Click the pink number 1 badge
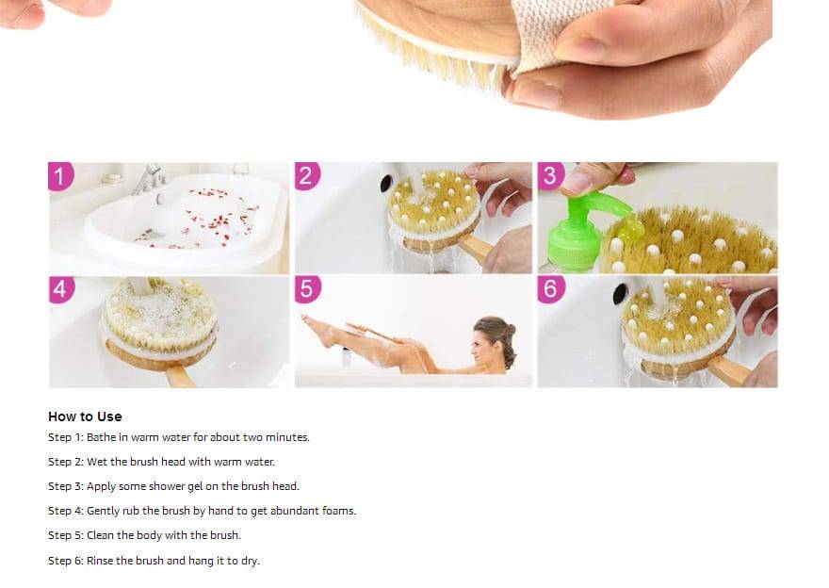pyautogui.click(x=60, y=175)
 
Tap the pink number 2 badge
pyautogui.click(x=307, y=175)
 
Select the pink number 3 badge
pyautogui.click(x=551, y=175)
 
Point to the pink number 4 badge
pyautogui.click(x=60, y=288)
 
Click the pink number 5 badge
pyautogui.click(x=307, y=288)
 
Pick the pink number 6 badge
pyautogui.click(x=551, y=288)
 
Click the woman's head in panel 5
pyautogui.click(x=496, y=339)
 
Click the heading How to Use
pyautogui.click(x=85, y=416)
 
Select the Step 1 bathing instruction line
pyautogui.click(x=179, y=437)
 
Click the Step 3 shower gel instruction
pyautogui.click(x=173, y=486)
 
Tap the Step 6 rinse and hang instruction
pyautogui.click(x=154, y=561)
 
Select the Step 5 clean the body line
pyautogui.click(x=144, y=535)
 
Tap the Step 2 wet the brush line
pyautogui.click(x=161, y=462)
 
